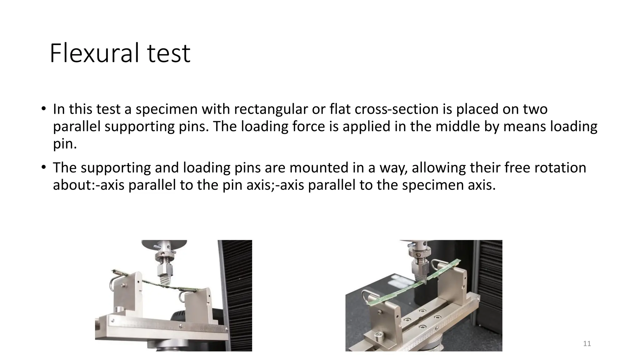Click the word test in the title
[x=169, y=53]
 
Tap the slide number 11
[x=587, y=344]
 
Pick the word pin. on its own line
[x=65, y=144]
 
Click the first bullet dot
[x=43, y=109]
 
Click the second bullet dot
[x=43, y=167]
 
